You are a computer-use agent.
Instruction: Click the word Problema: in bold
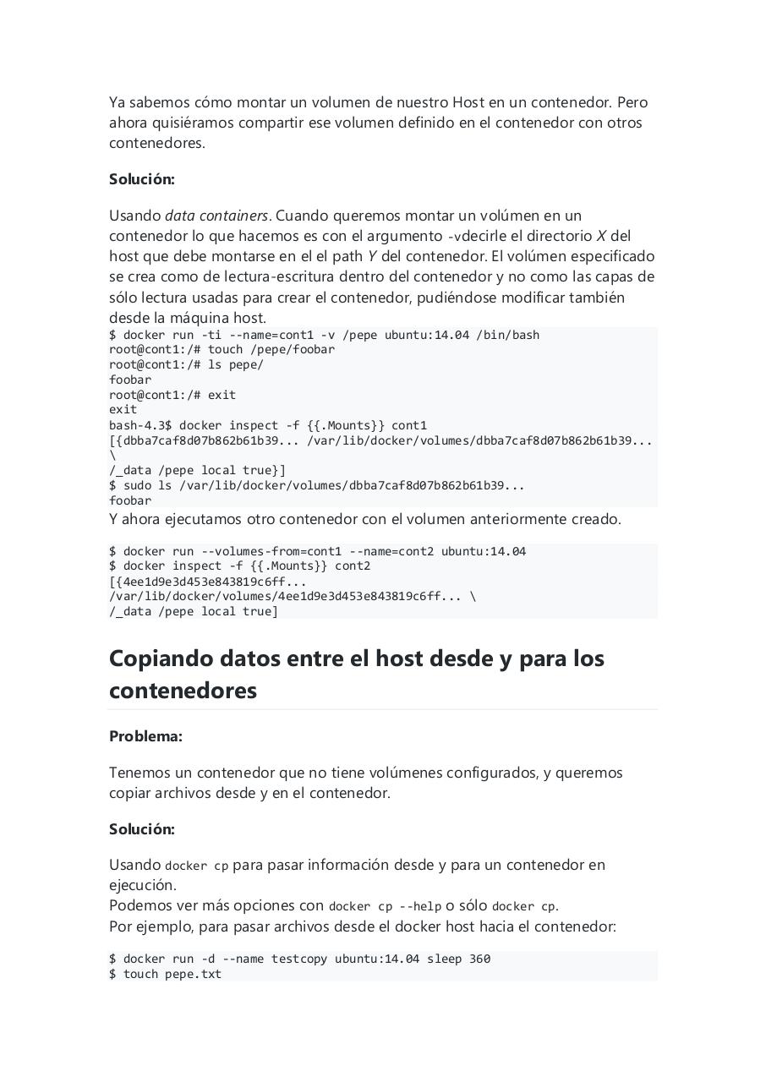tap(145, 736)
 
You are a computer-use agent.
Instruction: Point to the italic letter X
tap(601, 236)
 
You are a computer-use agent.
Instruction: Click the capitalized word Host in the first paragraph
tap(468, 102)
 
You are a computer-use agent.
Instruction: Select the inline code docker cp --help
tap(385, 906)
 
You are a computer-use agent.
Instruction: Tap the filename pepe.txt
tap(194, 974)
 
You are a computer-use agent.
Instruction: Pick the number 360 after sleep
tap(479, 959)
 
